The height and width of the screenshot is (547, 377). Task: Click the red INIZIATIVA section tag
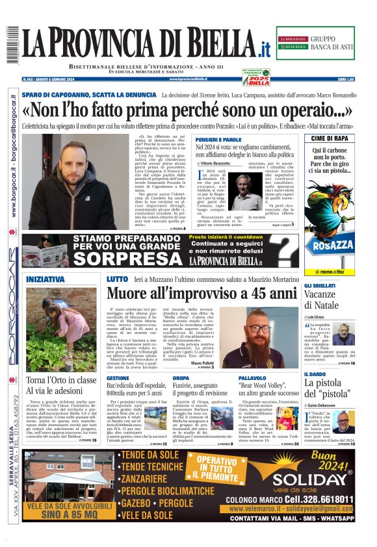[x=45, y=279]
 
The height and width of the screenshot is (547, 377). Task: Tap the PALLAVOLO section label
[x=253, y=377]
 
